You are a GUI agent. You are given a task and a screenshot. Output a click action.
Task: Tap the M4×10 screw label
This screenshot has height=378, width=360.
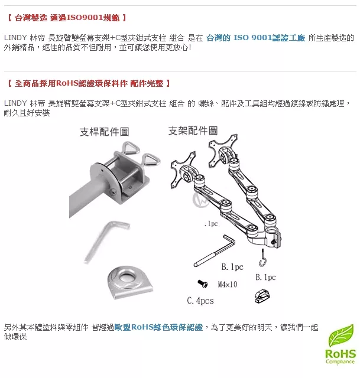point(227,284)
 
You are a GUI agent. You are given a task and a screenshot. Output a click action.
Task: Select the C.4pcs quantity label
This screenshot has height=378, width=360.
point(200,301)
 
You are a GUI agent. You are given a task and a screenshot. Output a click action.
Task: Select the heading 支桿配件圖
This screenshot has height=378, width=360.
point(104,132)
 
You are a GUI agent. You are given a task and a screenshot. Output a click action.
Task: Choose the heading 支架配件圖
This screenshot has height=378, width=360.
point(193,131)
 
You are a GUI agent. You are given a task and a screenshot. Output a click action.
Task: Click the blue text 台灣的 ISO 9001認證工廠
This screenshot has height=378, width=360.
point(255,38)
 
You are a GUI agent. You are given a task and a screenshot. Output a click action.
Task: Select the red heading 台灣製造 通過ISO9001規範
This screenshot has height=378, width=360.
point(67,18)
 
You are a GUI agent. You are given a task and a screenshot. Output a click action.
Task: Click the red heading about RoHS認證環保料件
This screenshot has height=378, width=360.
point(89,83)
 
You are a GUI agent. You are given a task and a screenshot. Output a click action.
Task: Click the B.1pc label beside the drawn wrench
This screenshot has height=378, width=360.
point(232,266)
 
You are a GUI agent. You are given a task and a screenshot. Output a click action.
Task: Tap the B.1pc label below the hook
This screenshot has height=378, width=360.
point(265,277)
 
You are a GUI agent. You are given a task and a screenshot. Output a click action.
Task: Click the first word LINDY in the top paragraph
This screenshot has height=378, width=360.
point(15,38)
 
